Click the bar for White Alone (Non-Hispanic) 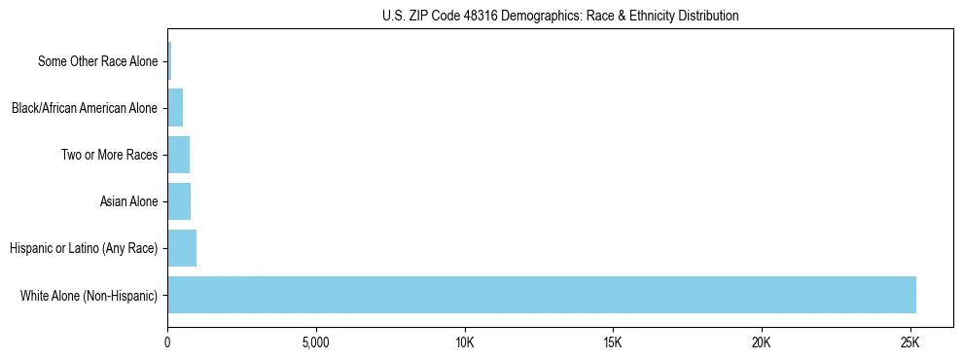coord(541,295)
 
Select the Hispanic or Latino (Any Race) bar coord(182,248)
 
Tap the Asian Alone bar coord(179,201)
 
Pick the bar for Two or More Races coord(178,155)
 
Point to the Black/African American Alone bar coord(175,108)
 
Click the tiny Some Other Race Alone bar coord(169,61)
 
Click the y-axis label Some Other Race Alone coord(97,61)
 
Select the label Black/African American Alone coord(84,108)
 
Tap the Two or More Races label coord(109,155)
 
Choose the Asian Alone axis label coord(128,201)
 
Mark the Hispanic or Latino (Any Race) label coord(84,248)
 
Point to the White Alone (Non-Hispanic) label coord(89,295)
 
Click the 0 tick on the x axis coord(167,343)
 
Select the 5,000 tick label coord(316,343)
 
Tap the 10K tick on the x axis coord(465,343)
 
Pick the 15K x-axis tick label coord(613,343)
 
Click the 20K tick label coord(762,343)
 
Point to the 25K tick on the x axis coord(910,343)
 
